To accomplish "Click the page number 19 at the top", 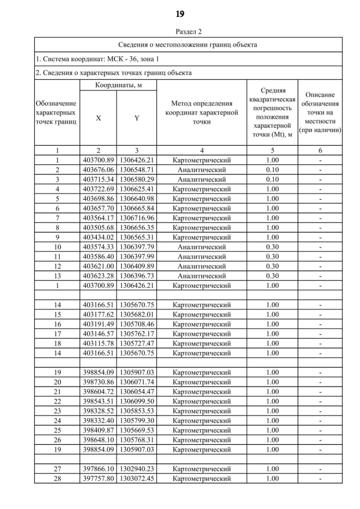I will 180,13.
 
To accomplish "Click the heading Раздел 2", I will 180,32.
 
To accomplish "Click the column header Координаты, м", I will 118,85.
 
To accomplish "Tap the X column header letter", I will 98,118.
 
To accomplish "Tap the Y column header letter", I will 137,118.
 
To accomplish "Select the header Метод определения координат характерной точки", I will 201,112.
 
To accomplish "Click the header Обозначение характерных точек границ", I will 57,112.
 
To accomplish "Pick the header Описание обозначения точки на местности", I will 320,112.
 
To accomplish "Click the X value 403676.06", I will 98,169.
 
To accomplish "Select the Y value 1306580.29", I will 137,179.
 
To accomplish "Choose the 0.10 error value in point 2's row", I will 272,169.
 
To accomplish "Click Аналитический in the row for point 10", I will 201,247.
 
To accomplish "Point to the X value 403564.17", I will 98,218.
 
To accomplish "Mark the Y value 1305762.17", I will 137,334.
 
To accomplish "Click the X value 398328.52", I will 98,411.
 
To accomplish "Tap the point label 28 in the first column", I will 57,479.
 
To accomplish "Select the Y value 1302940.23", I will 137,469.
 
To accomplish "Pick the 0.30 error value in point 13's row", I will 272,276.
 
